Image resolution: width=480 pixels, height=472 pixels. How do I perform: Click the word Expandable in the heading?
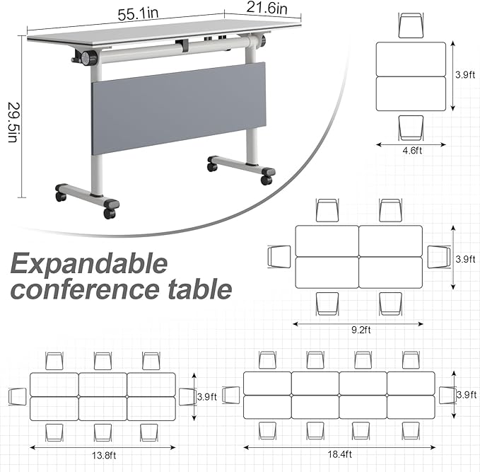click(x=88, y=265)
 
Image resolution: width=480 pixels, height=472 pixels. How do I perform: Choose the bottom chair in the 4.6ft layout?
click(x=411, y=127)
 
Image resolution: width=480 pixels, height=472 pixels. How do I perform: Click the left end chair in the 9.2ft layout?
click(x=280, y=256)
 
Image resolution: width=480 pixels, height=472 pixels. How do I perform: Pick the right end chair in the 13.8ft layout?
click(x=187, y=396)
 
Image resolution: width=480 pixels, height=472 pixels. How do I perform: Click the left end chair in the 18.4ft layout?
click(x=232, y=395)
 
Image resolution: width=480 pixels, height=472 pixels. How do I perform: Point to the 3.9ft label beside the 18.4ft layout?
click(x=467, y=394)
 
